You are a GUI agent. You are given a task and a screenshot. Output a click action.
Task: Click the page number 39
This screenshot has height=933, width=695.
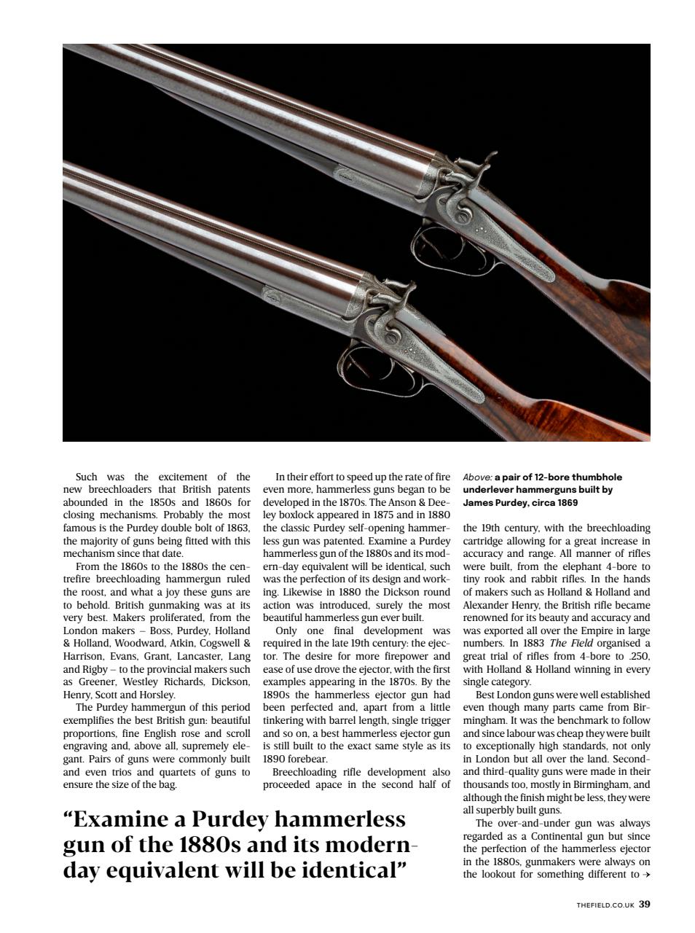[x=644, y=905]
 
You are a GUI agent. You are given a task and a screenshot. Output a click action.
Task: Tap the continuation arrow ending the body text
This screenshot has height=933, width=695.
[x=645, y=874]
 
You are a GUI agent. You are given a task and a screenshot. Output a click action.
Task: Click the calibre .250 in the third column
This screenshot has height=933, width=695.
[x=639, y=656]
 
